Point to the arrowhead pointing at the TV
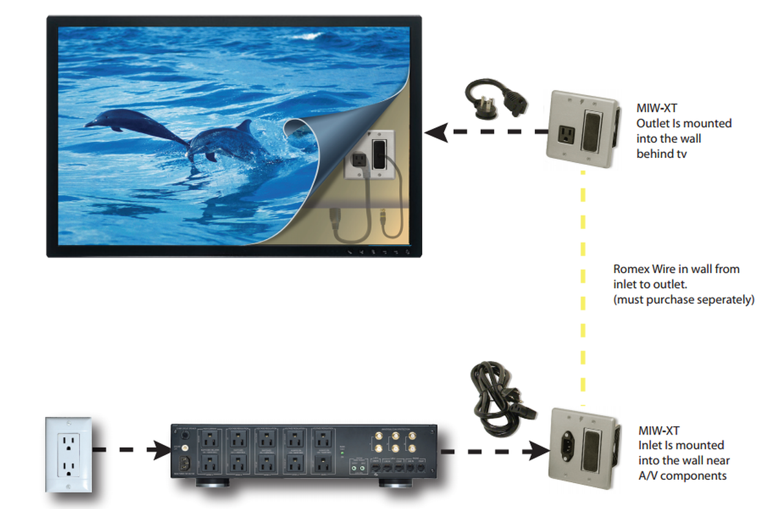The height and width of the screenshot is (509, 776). [x=435, y=133]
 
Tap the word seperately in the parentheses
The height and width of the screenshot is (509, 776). [x=720, y=301]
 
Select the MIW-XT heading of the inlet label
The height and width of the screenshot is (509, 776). [x=660, y=430]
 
